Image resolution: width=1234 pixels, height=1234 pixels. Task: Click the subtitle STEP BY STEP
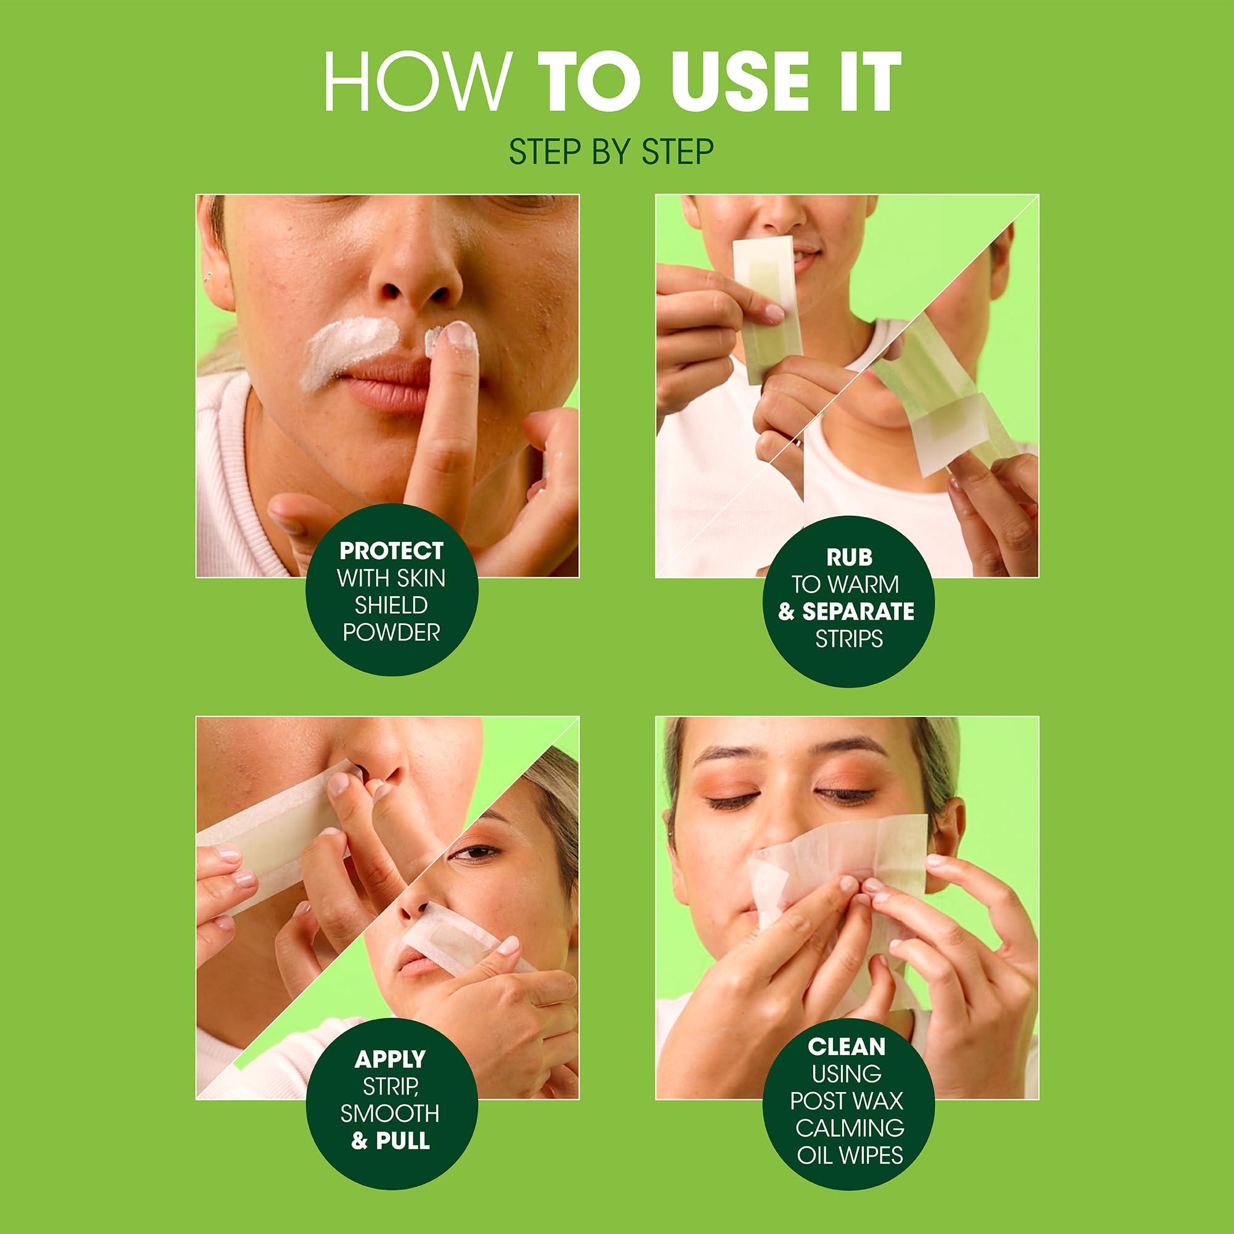coord(611,151)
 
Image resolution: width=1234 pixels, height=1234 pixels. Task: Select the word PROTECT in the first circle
coord(391,550)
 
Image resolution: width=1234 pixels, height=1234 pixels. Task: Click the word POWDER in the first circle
coord(391,632)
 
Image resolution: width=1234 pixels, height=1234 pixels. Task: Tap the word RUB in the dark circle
coord(849,557)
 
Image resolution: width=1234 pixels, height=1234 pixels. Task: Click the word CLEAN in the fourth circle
coord(847,1046)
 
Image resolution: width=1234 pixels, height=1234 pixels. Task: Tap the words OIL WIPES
coord(850,1154)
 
